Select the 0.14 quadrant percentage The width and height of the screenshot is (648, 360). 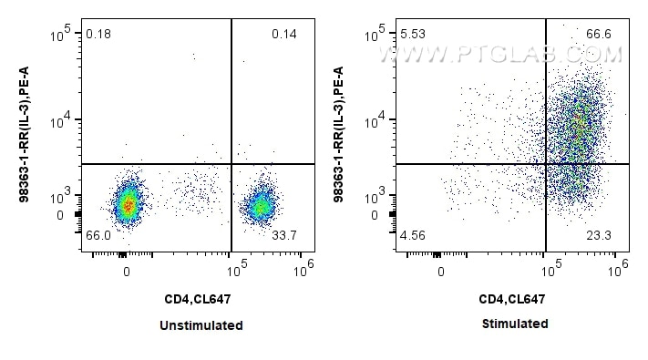point(283,35)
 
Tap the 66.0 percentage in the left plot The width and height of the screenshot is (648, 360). point(98,235)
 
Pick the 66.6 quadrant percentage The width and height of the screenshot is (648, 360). point(599,35)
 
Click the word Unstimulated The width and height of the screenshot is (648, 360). point(201,324)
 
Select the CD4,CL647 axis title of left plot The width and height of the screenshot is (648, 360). point(201,299)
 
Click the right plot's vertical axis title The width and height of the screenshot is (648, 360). point(339,135)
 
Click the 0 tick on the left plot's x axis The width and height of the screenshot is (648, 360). point(127,271)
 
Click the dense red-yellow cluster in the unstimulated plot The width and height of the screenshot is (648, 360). point(129,204)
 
